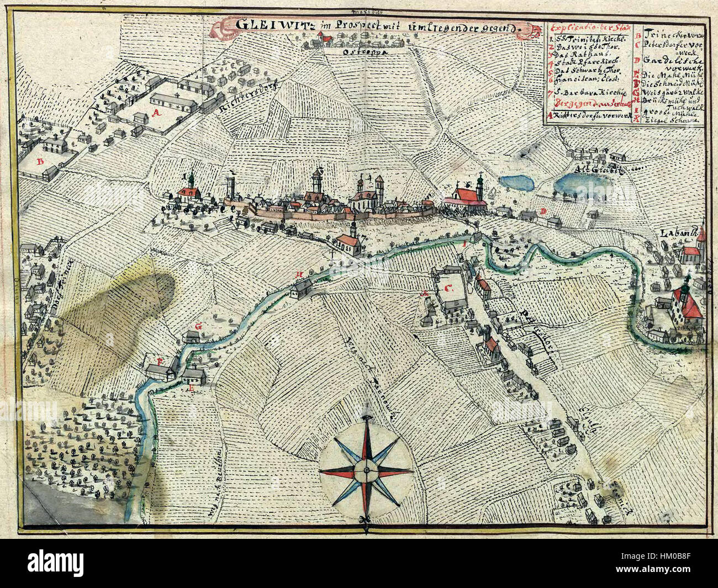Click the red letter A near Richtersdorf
tap(156, 113)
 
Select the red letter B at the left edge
tap(40, 162)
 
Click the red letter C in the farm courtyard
tap(448, 288)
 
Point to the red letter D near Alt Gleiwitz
tap(543, 211)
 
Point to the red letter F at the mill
tap(161, 361)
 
